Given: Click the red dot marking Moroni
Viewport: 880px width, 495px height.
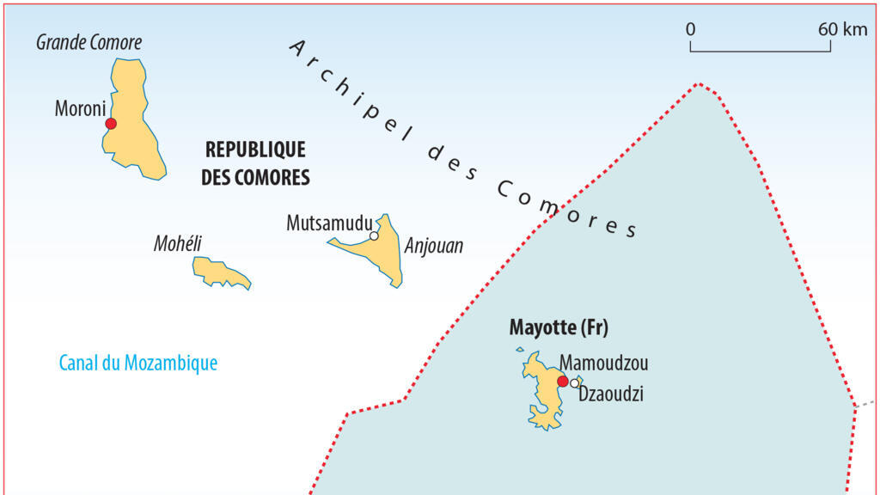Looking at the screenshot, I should point(110,124).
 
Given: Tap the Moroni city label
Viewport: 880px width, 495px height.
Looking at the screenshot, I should point(79,109).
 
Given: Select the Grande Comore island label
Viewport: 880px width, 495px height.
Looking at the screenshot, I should point(89,42).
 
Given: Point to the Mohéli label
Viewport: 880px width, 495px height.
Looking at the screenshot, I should point(177,243).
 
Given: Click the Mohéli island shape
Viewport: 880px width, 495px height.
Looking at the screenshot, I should point(219,272).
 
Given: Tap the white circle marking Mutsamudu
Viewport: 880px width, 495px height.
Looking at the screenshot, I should point(374,235).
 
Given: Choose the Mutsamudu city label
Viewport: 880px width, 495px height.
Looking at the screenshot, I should point(329,223).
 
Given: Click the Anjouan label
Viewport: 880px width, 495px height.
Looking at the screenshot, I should point(433,247).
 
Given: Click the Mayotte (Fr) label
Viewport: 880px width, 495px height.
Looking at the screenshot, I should point(552,328).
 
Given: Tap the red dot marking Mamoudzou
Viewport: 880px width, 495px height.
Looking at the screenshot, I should point(563,382).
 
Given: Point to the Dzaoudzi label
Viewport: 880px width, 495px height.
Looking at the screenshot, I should point(611,394).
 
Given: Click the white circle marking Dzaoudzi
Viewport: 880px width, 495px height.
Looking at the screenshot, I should point(574,383).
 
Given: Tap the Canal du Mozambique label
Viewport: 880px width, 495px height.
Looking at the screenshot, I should point(137,363).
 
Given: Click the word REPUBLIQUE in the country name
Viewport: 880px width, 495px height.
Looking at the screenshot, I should point(255,150).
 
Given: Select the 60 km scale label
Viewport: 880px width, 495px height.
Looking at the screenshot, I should point(842,29).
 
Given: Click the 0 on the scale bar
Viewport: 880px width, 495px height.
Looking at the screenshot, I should point(691,29).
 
